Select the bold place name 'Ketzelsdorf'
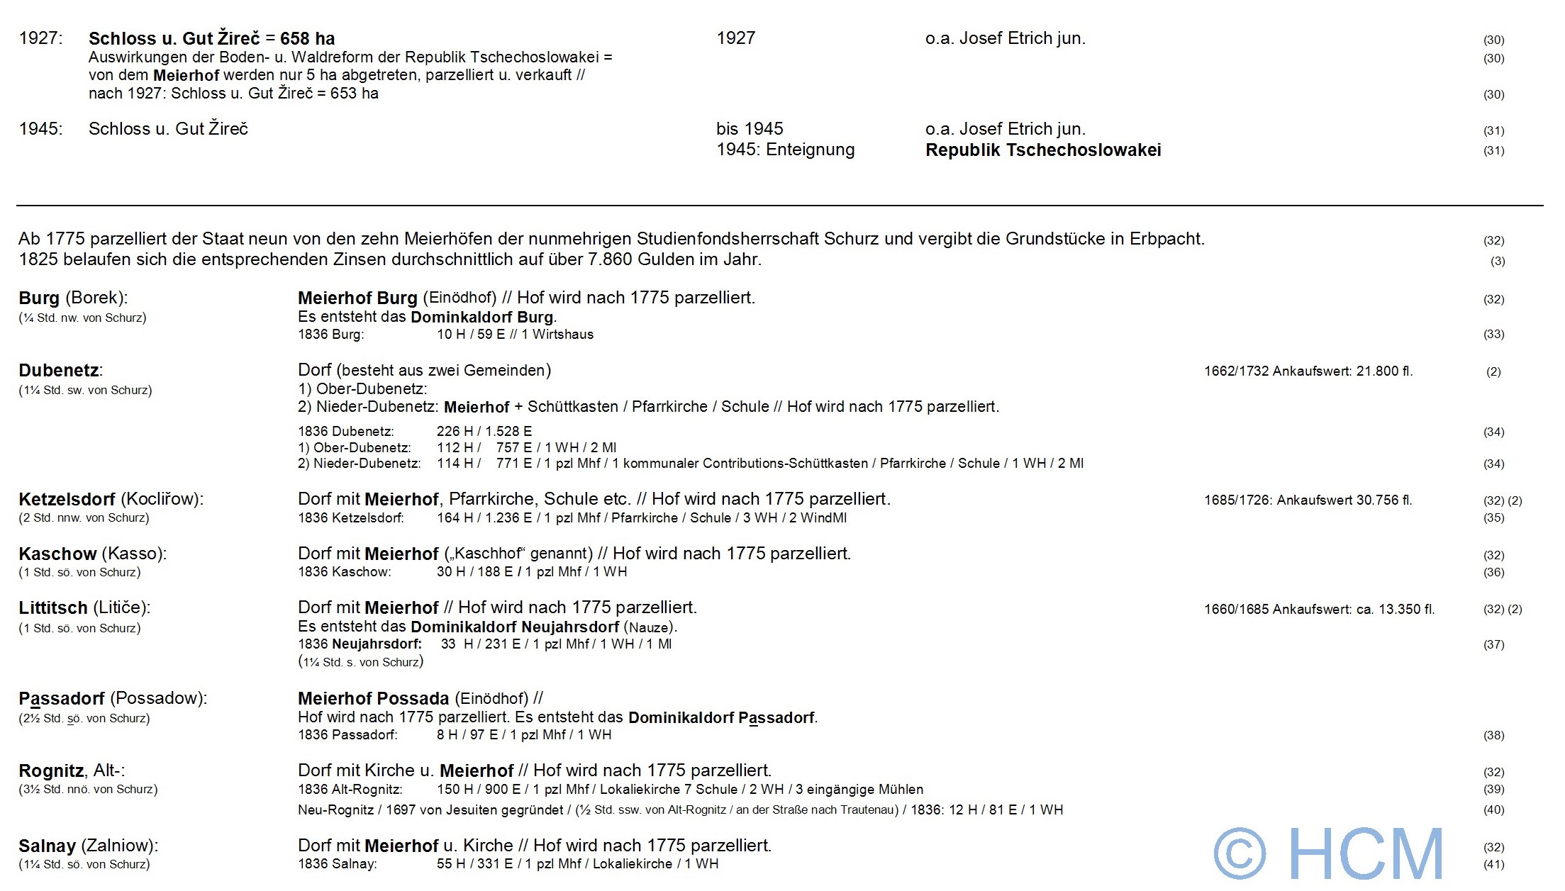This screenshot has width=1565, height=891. pos(67,499)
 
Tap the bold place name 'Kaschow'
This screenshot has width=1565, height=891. pos(57,554)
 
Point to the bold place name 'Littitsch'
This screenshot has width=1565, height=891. pos(53,607)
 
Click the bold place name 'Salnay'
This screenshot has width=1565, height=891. pos(47,846)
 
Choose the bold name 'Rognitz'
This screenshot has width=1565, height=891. pos(52,770)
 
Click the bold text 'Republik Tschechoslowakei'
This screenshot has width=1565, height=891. pos(1043,150)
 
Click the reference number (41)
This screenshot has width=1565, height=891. pos(1493,865)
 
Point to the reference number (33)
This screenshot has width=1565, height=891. pos(1493,335)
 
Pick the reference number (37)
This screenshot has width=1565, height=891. pos(1493,645)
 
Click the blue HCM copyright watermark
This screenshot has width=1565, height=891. pos(1327,853)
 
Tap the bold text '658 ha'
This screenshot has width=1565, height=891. pos(307,39)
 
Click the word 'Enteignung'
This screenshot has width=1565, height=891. pos(810,150)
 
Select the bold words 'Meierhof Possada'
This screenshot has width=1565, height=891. pos(373,699)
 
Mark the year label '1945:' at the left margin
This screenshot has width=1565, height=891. pos(40,129)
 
